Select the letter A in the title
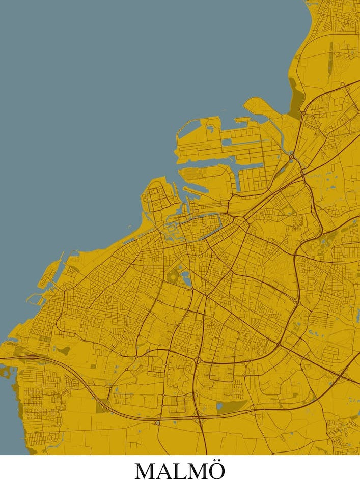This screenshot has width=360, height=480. click(164, 470)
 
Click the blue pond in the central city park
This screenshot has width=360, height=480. click(186, 278)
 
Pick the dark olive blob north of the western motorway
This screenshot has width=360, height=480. click(65, 350)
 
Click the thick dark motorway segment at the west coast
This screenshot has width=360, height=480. click(20, 358)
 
